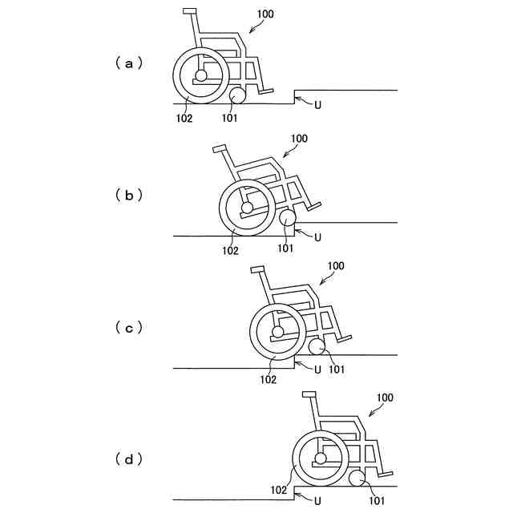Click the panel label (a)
coord(128,63)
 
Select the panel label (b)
coord(128,195)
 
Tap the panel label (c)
coord(128,327)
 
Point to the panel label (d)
coord(128,459)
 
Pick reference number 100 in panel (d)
coord(385,398)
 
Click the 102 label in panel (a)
coord(184,117)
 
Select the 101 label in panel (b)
coord(286,249)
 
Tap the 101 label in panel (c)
coord(337,369)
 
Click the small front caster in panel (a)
coord(238,96)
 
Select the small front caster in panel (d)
coord(357,478)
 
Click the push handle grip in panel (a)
coord(190,11)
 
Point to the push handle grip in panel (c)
coord(257,269)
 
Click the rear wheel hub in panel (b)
coord(247,208)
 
